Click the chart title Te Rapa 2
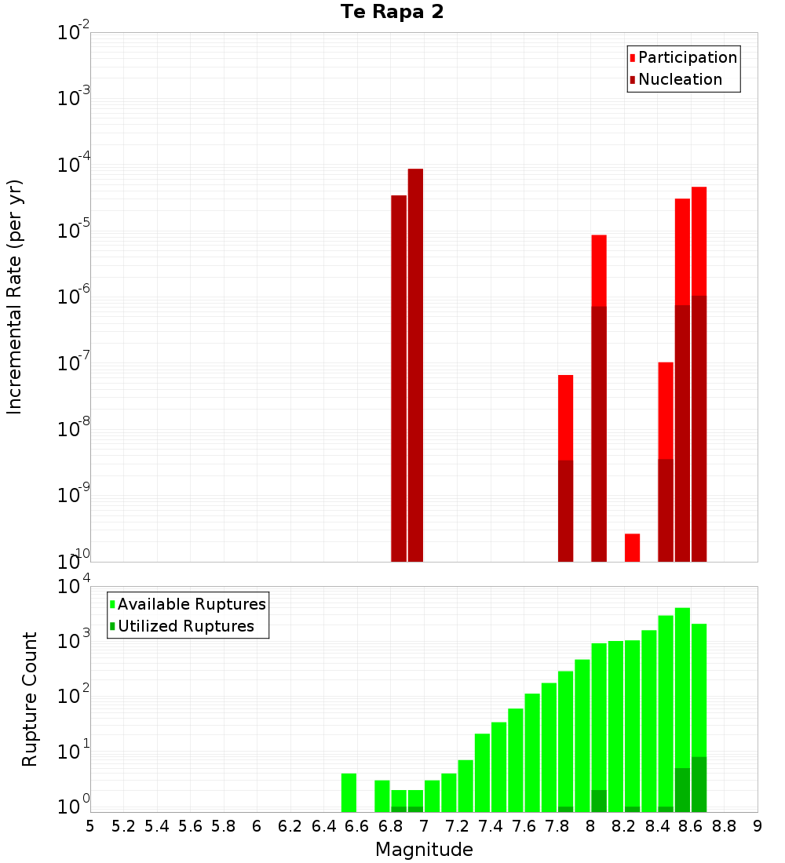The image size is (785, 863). tap(392, 13)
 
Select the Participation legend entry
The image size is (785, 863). tap(687, 57)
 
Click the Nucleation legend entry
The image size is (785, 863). tap(680, 79)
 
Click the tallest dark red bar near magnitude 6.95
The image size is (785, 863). tap(415, 365)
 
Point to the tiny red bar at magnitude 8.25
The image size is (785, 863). tap(632, 547)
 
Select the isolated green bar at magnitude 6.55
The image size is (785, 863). tap(349, 792)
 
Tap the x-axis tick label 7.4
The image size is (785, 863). tap(490, 826)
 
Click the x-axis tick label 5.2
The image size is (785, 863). tap(123, 826)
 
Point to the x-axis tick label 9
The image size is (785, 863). tap(758, 826)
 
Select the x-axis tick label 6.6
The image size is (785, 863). tap(357, 826)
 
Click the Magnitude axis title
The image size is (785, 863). tap(424, 850)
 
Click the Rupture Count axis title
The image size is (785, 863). tap(30, 698)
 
